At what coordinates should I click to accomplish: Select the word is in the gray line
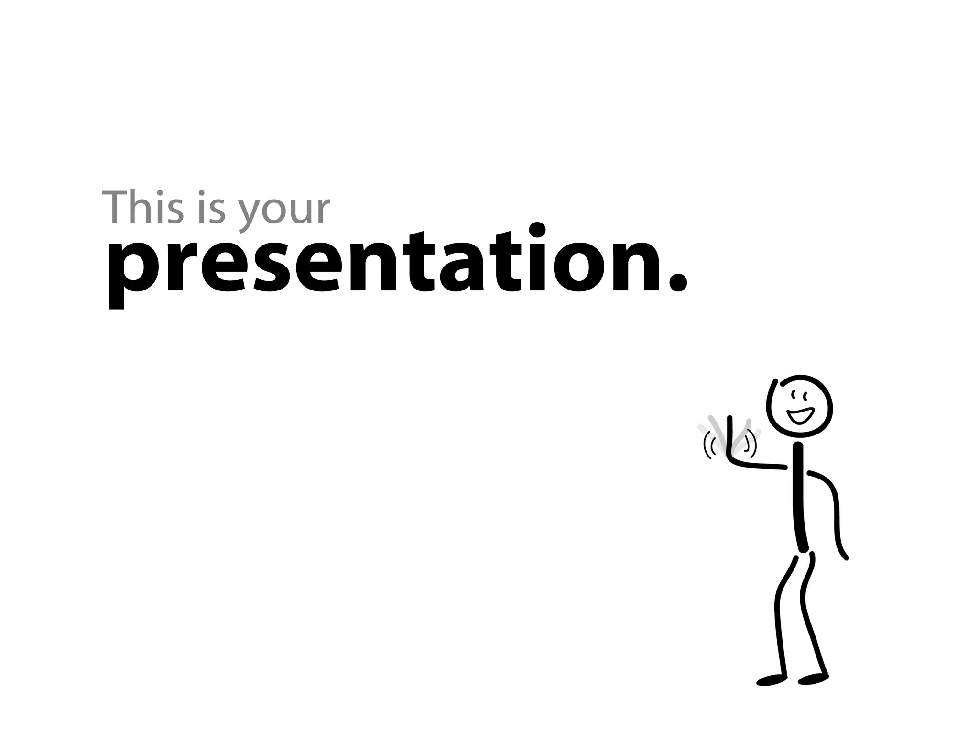pyautogui.click(x=211, y=208)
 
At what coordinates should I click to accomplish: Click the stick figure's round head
pyautogui.click(x=799, y=406)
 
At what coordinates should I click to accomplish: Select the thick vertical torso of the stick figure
pyautogui.click(x=799, y=498)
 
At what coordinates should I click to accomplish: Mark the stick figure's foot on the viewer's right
pyautogui.click(x=813, y=679)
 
